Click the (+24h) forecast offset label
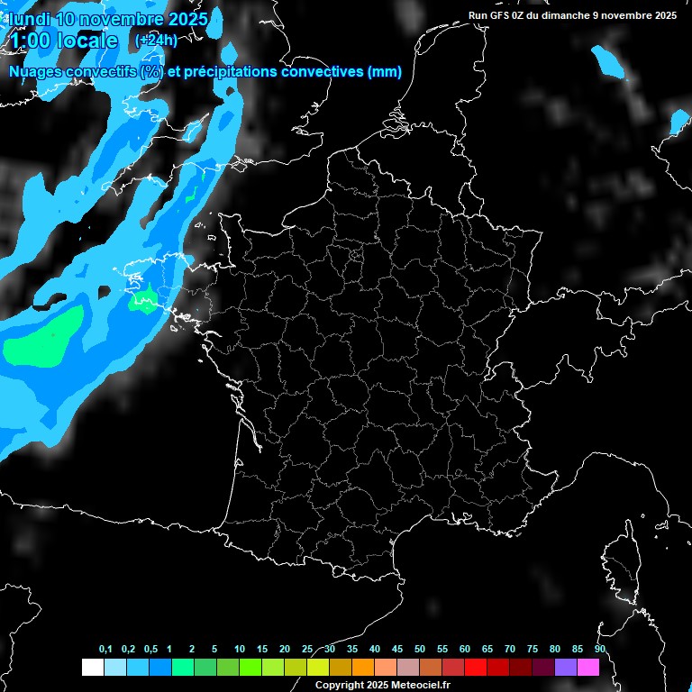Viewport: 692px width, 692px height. coord(156,40)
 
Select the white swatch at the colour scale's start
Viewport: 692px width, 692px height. coord(92,667)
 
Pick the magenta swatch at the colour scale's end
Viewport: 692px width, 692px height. coord(588,667)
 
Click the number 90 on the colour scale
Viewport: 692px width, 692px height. coord(600,650)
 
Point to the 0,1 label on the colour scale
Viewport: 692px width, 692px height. coord(105,650)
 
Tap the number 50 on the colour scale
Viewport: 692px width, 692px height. coord(420,650)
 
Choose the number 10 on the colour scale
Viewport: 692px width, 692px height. coord(240,650)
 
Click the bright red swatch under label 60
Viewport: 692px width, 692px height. coord(476,667)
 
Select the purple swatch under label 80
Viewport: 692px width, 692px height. coord(566,667)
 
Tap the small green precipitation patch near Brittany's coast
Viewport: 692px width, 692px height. coord(142,303)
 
